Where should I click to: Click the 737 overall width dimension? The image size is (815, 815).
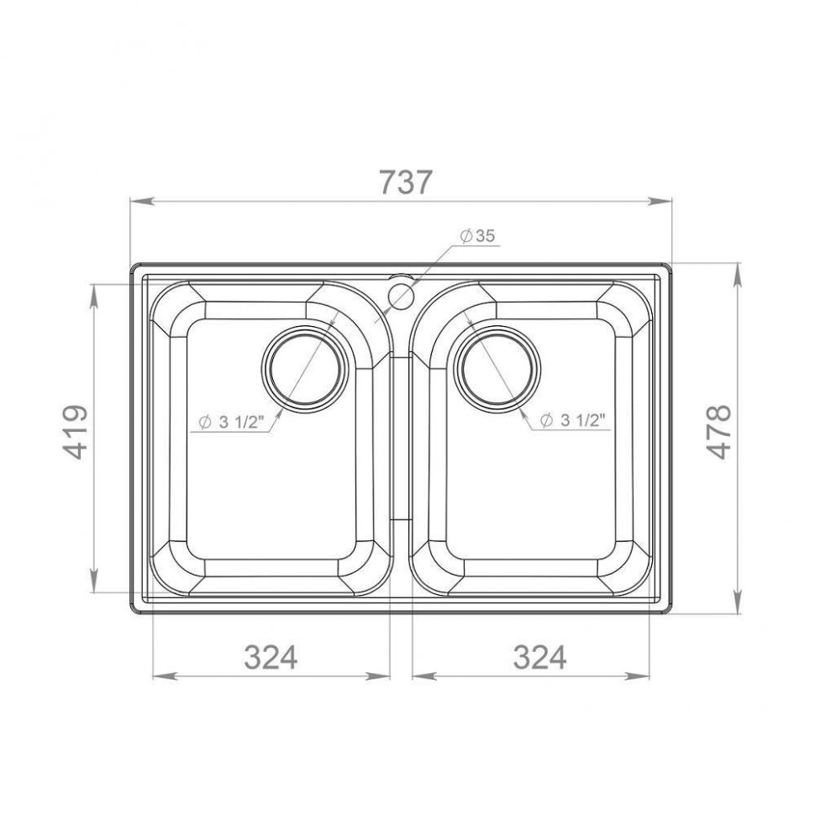coord(406,182)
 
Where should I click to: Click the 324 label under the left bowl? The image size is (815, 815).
coord(271,657)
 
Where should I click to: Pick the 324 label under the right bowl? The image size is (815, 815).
coord(539,657)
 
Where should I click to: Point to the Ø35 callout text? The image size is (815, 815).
coord(478,236)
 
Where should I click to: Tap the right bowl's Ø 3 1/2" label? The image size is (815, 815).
coord(573,420)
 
